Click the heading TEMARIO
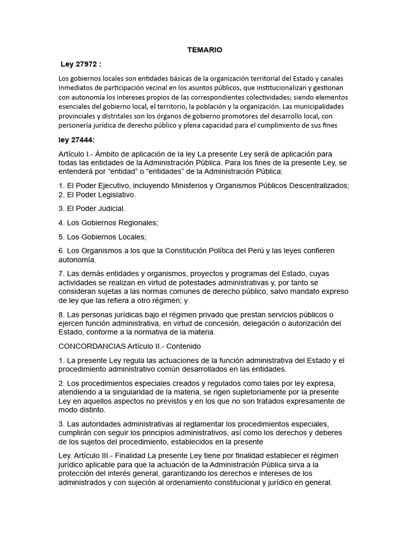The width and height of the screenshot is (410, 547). click(x=204, y=50)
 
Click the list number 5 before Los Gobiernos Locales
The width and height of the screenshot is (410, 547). click(x=61, y=236)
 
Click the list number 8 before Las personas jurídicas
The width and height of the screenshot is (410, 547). click(x=61, y=314)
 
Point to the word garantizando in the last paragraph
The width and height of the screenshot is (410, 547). click(x=186, y=473)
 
